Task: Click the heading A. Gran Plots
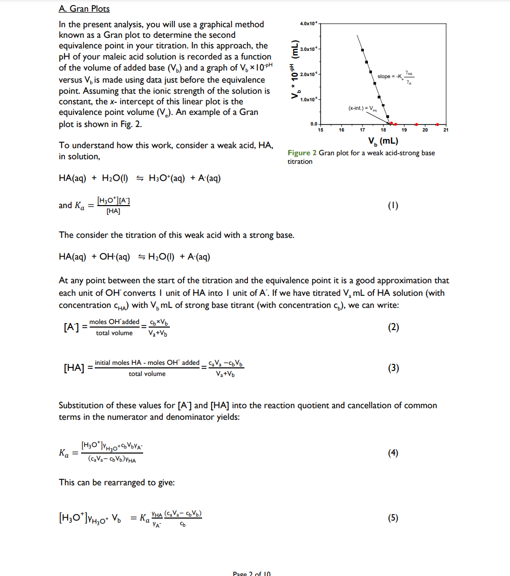pos(84,9)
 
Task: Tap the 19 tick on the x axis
pos(403,130)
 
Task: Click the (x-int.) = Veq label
pos(362,108)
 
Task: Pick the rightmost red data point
pos(437,124)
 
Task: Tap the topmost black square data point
pos(362,49)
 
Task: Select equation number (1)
pos(394,205)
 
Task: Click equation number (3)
pos(394,368)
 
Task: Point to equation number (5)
pos(394,518)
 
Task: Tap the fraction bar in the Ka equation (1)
pos(113,206)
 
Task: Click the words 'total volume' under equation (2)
pos(114,333)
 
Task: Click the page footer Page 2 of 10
pos(252,573)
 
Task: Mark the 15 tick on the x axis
pos(320,130)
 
